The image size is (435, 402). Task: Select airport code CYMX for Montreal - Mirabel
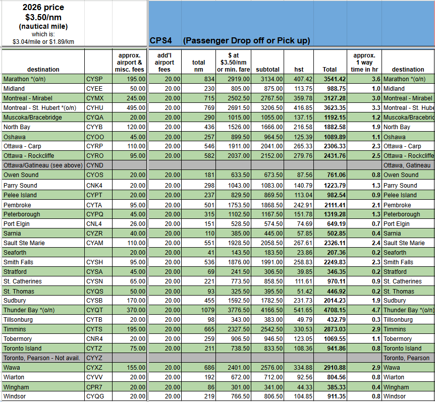coord(95,98)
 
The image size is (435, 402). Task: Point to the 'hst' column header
coord(299,70)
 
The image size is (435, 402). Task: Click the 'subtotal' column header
coord(267,70)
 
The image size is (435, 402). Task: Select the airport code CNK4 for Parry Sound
coord(94,186)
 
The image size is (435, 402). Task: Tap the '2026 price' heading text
coord(43,7)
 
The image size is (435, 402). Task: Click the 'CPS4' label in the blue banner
coord(161,40)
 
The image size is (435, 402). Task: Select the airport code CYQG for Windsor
coord(95,396)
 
